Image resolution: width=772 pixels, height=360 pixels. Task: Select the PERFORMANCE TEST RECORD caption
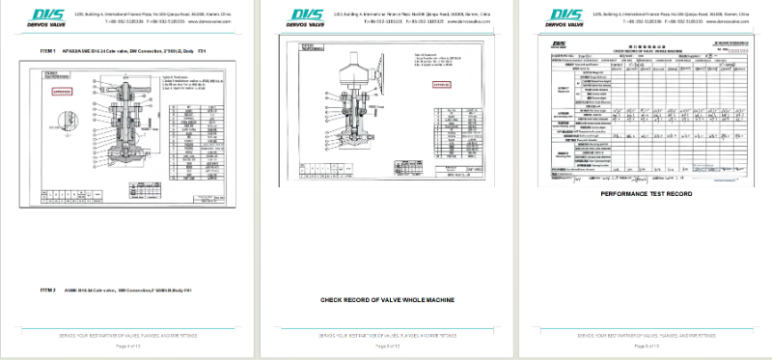[646, 194]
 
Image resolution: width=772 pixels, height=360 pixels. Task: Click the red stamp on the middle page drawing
[442, 85]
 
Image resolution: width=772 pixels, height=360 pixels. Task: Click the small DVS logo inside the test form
[559, 45]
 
